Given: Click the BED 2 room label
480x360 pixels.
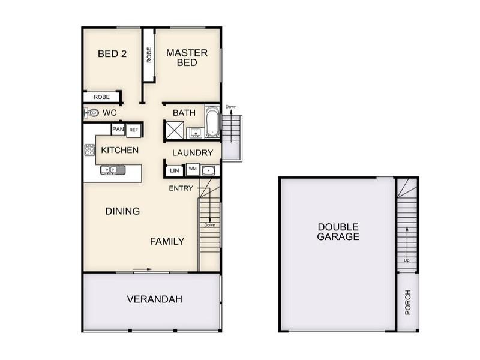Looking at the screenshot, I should tap(112, 53).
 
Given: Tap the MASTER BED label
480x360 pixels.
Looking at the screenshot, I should tap(187, 58).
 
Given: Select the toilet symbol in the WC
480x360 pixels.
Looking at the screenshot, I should tap(92, 112).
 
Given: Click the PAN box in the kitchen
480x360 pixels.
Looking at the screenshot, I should tap(118, 129).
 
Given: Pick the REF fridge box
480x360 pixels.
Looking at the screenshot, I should tap(133, 129).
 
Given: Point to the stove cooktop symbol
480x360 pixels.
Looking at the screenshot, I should tap(89, 150).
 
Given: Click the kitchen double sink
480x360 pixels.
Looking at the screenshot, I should tap(112, 170).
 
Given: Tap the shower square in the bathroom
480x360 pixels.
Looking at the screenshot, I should tap(175, 130).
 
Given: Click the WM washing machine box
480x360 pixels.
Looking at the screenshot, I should tap(193, 169).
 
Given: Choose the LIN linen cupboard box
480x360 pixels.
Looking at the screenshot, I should tap(175, 171).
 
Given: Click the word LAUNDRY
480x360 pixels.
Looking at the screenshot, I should tap(193, 153).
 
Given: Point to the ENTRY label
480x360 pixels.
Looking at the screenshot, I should tap(181, 188).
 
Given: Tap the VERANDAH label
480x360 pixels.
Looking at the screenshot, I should tap(154, 299).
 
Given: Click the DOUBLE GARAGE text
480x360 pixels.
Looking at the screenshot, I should tap(338, 232).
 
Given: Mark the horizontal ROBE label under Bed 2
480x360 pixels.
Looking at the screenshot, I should tap(101, 97).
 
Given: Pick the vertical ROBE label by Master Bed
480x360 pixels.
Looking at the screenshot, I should tap(149, 55).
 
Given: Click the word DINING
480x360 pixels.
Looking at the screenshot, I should tap(122, 211).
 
